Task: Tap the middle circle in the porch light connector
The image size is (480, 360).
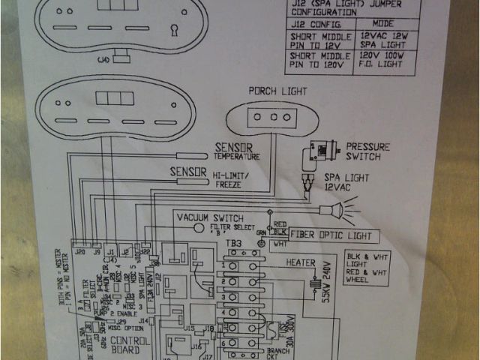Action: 273,118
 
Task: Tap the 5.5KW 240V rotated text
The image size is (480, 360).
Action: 325,283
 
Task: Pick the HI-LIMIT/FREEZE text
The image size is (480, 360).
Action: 235,179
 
